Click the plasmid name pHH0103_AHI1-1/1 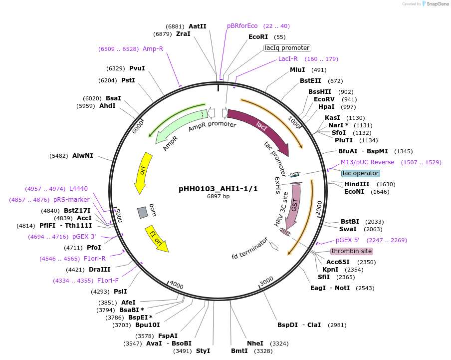pos(218,189)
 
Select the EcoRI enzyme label pos(258,37)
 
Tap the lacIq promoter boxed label pos(287,48)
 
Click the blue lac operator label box pos(361,173)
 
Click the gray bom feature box pos(143,212)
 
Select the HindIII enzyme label pos(356,184)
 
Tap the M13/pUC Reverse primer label pos(367,162)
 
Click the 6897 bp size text pos(218,196)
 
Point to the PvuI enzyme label pos(137,68)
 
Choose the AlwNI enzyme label pos(82,156)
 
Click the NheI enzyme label pos(255,344)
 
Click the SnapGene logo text pos(437,4)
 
